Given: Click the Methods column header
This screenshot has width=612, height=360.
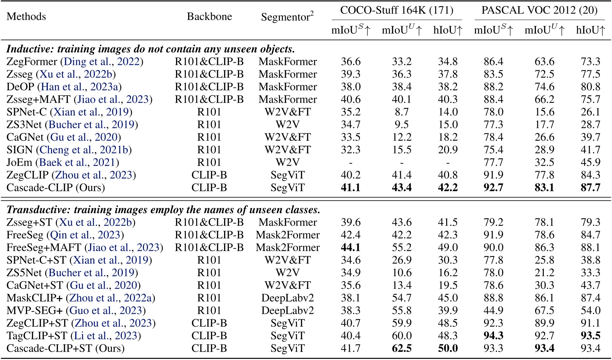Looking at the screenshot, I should point(26,17).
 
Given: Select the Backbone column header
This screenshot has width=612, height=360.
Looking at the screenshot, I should point(209,17).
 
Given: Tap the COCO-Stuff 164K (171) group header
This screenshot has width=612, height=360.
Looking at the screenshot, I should point(397,10).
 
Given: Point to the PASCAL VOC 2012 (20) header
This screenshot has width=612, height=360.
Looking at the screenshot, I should point(539,10).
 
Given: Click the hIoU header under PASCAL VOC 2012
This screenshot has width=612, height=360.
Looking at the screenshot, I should point(590,31).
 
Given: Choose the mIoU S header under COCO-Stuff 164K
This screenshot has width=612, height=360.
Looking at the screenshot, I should point(351,31).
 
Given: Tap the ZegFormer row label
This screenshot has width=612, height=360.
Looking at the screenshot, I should point(32,62).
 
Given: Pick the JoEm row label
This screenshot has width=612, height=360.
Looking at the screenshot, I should point(21,163).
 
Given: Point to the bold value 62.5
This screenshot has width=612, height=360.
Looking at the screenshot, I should point(402,348).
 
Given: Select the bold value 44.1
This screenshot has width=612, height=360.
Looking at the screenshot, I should point(351,248).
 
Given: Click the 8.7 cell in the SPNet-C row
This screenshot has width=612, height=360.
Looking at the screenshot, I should point(402,112).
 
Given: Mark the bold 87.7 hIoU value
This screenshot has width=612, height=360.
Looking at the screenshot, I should point(590,188).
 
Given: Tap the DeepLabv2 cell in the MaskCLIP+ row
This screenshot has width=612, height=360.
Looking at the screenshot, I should point(288,298).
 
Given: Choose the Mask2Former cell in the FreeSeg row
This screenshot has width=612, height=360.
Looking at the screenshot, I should point(288,235).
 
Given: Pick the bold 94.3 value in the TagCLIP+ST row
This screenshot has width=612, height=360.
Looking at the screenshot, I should point(494,336).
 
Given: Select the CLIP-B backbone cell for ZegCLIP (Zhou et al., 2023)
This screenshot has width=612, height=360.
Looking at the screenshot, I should point(209,175).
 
